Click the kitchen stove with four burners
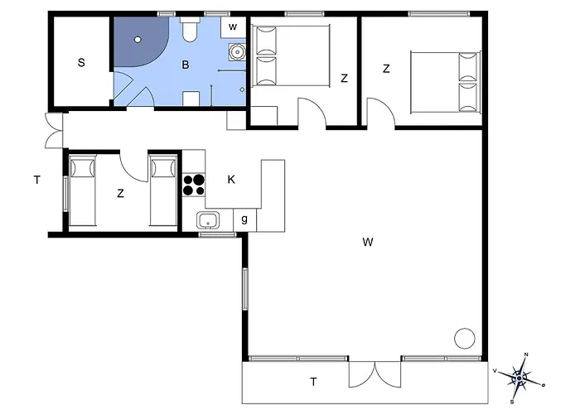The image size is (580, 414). (194, 185)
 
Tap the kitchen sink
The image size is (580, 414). (208, 221)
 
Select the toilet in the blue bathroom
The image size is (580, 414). (190, 30)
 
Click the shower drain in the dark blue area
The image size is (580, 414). (138, 39)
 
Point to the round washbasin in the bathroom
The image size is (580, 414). (237, 51)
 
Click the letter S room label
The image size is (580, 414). (81, 62)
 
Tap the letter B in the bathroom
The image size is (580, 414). (186, 65)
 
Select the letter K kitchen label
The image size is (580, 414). (231, 180)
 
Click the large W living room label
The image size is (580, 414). (368, 242)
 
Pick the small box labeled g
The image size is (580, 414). (244, 219)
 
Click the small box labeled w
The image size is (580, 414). (233, 27)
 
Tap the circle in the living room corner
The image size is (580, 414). (465, 339)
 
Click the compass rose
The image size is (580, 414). (520, 378)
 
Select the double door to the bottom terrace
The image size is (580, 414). (375, 374)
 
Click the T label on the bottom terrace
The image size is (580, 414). (314, 382)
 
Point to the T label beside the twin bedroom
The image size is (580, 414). (37, 180)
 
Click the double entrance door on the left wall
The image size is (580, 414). (54, 131)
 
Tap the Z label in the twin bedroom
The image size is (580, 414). (120, 193)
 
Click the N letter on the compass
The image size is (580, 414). (526, 354)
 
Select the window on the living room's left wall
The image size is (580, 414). (245, 289)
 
